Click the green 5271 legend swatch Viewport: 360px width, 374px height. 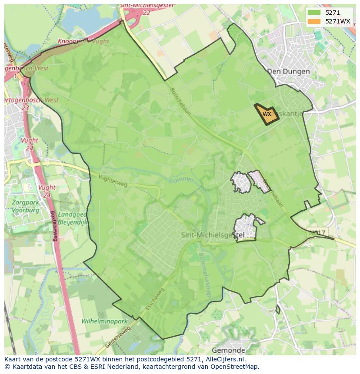click(x=314, y=13)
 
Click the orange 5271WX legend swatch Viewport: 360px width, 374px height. click(x=314, y=21)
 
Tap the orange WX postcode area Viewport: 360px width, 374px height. click(x=267, y=114)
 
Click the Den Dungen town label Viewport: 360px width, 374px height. click(x=288, y=71)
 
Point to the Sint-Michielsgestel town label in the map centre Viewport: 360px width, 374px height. click(x=212, y=235)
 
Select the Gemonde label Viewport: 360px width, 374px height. click(x=228, y=350)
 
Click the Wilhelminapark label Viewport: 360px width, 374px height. click(x=104, y=321)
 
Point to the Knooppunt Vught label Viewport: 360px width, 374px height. click(x=83, y=41)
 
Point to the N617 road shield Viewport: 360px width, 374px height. click(x=317, y=233)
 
